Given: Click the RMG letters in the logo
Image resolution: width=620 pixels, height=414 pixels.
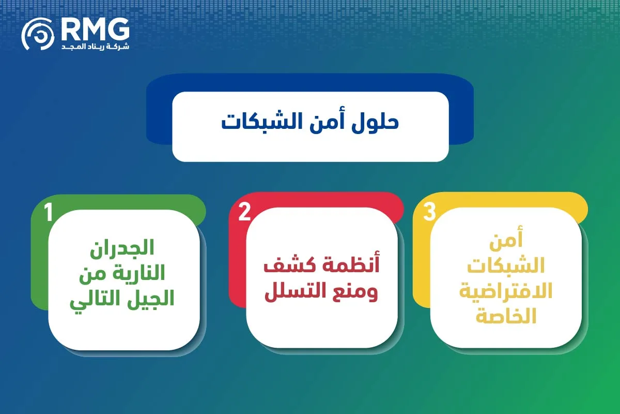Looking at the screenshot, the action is click(x=95, y=29).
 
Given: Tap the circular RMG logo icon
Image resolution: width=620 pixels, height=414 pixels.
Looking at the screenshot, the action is click(x=38, y=34).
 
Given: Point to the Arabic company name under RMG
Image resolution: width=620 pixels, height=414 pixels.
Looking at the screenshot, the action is click(x=95, y=46).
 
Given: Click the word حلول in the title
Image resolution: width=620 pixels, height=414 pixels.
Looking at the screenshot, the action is click(x=375, y=122).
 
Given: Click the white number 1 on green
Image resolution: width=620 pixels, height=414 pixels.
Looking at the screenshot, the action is click(x=49, y=212).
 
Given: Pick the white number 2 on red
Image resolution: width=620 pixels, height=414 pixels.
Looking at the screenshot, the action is click(x=244, y=212).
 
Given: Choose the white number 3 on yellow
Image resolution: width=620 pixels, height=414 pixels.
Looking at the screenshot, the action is click(x=429, y=212).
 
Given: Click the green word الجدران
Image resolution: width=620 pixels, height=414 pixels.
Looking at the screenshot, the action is click(x=122, y=248).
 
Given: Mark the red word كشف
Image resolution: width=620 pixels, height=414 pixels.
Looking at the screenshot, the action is click(x=286, y=265).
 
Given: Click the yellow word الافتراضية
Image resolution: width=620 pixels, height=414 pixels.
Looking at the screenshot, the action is click(x=506, y=291).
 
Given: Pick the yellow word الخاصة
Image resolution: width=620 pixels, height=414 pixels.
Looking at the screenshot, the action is click(x=506, y=316).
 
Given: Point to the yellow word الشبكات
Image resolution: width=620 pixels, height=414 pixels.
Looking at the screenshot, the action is click(x=506, y=265).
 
